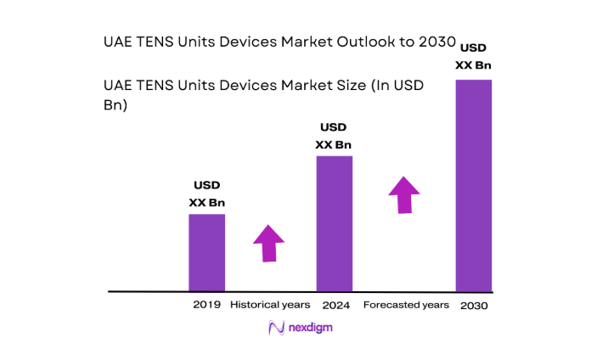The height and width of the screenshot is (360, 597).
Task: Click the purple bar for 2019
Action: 206,252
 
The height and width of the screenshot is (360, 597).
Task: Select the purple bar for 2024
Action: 335,223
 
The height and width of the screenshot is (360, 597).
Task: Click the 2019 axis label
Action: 206,304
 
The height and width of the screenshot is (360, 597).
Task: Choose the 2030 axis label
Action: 474,305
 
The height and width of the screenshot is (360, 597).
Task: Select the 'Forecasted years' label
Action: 405,304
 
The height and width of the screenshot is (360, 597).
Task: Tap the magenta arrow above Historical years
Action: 269,243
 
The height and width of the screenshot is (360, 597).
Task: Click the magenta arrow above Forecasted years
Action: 404,195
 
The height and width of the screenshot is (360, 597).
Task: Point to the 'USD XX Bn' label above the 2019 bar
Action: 206,194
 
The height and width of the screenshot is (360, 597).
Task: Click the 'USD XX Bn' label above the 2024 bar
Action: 333,136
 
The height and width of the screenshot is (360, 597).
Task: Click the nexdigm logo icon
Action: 275,328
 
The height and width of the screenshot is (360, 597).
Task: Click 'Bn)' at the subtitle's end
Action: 115,106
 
